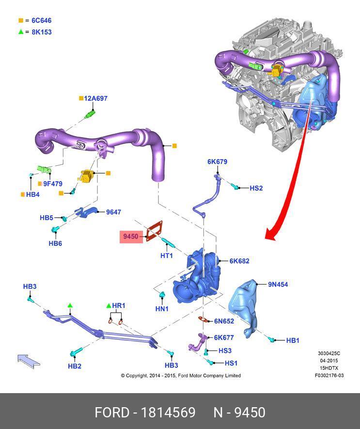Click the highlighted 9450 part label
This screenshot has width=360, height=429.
pyautogui.click(x=131, y=237)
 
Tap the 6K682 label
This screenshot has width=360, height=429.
pyautogui.click(x=239, y=261)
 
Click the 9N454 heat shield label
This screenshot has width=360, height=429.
pyautogui.click(x=278, y=285)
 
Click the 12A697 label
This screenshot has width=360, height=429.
pyautogui.click(x=95, y=98)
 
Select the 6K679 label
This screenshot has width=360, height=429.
pyautogui.click(x=218, y=162)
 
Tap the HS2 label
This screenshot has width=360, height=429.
pyautogui.click(x=256, y=188)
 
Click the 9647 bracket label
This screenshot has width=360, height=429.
pyautogui.click(x=113, y=212)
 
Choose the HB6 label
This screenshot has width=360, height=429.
pyautogui.click(x=55, y=243)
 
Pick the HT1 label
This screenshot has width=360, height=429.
pyautogui.click(x=167, y=255)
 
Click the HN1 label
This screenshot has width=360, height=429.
pyautogui.click(x=162, y=308)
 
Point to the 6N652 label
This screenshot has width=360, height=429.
pyautogui.click(x=224, y=321)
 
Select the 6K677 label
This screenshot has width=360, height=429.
pyautogui.click(x=224, y=338)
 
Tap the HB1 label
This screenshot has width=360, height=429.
pyautogui.click(x=293, y=341)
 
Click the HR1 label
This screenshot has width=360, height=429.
pyautogui.click(x=119, y=306)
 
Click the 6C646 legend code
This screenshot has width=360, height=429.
pyautogui.click(x=41, y=21)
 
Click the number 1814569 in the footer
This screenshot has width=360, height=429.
pyautogui.click(x=168, y=413)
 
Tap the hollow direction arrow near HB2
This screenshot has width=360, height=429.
pyautogui.click(x=29, y=361)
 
